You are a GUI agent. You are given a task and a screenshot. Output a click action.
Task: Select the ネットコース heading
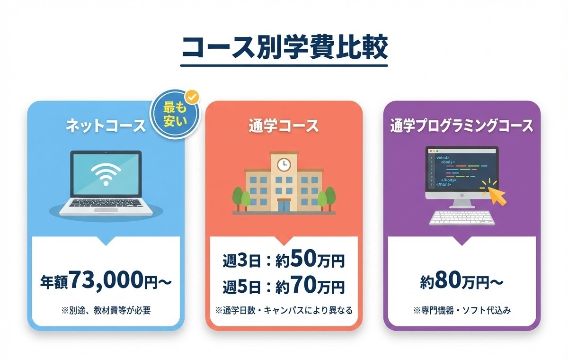(105, 126)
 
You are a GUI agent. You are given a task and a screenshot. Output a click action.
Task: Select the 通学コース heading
(284, 126)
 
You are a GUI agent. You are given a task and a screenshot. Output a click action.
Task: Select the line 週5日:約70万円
(284, 286)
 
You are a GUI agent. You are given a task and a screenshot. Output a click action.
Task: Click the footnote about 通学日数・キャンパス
(284, 311)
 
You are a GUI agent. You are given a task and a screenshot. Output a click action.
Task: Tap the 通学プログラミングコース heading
(461, 126)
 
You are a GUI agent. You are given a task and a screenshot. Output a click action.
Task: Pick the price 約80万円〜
(461, 281)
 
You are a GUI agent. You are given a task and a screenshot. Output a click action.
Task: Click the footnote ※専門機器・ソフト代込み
(461, 311)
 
